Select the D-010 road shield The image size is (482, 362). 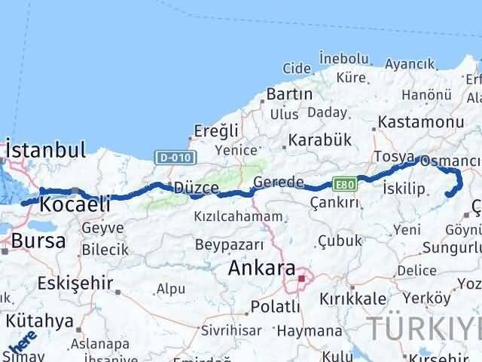(175, 157)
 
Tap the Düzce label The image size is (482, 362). (197, 188)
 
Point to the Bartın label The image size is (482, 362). (290, 94)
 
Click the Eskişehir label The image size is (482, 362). (72, 284)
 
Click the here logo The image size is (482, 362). (22, 340)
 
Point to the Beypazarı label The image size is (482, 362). (230, 245)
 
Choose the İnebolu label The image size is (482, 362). (344, 57)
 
